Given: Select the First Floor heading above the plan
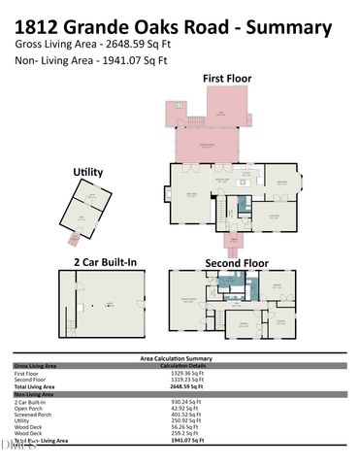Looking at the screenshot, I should coord(228,78).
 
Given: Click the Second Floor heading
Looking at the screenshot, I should coord(236,262).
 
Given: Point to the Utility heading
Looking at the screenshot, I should coord(88,172).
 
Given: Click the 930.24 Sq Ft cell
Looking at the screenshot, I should coord(180,400).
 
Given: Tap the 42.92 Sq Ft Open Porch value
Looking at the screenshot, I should coord(180,407).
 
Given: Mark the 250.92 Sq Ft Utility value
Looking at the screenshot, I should coord(180,419).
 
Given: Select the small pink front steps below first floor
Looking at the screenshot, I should coord(233,242).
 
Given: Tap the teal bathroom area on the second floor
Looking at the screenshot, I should coord(229,283).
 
